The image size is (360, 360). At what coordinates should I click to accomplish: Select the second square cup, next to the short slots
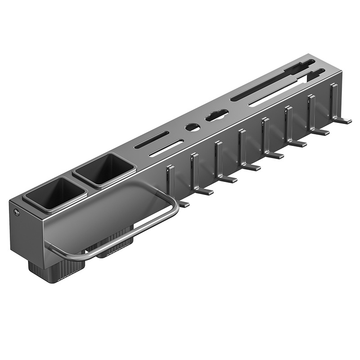point(104,170)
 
